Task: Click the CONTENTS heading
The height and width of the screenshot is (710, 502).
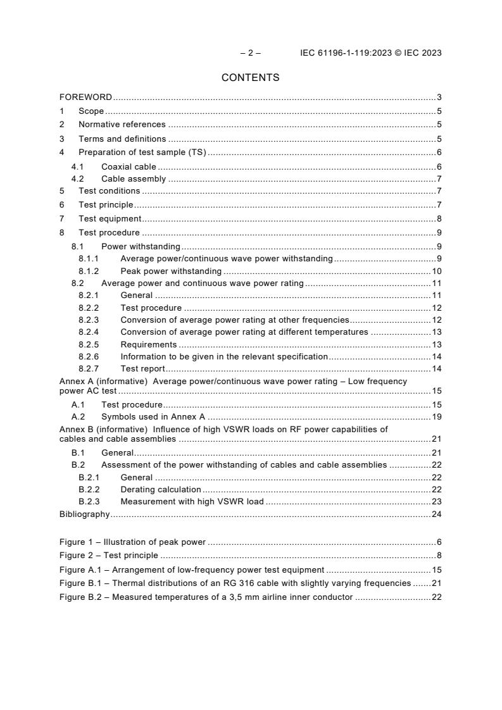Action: pyautogui.click(x=250, y=78)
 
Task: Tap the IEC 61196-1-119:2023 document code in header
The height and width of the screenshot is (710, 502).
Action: pyautogui.click(x=347, y=53)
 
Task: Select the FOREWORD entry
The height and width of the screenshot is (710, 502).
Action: pyautogui.click(x=85, y=97)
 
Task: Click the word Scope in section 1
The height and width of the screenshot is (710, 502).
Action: pyautogui.click(x=91, y=111)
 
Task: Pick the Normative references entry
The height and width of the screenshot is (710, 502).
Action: pyautogui.click(x=122, y=125)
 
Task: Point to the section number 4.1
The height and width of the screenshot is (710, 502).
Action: pyautogui.click(x=77, y=166)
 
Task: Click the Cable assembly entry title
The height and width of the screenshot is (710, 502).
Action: pyautogui.click(x=133, y=179)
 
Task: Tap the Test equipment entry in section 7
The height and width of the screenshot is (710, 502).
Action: pyautogui.click(x=110, y=219)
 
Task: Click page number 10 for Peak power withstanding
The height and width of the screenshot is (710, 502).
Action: pyautogui.click(x=436, y=271)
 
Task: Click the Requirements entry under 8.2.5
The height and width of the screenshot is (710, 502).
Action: pyautogui.click(x=148, y=344)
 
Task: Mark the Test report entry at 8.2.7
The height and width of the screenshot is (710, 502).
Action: pyautogui.click(x=142, y=369)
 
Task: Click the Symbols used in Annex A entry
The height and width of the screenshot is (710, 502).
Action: pyautogui.click(x=153, y=417)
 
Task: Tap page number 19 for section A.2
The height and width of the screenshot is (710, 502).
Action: pyautogui.click(x=436, y=417)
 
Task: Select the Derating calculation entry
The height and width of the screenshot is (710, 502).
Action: pyautogui.click(x=160, y=490)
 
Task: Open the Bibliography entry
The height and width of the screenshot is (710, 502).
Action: pyautogui.click(x=84, y=514)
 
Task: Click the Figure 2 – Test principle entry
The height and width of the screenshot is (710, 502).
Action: pyautogui.click(x=108, y=556)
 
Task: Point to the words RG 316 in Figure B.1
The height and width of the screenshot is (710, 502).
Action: pyautogui.click(x=257, y=583)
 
